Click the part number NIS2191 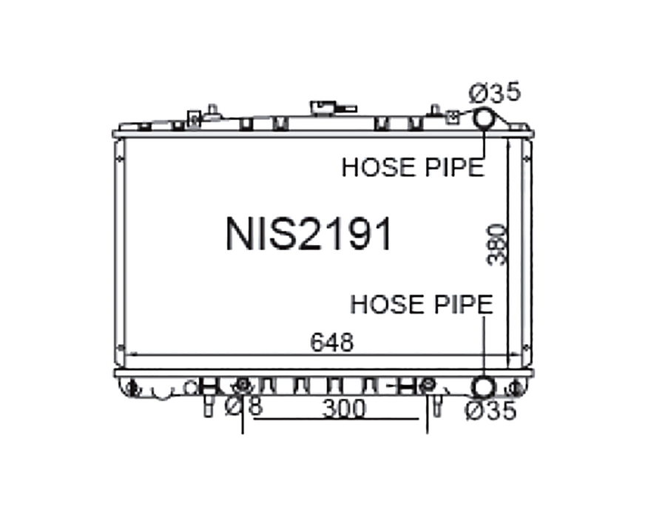coord(308,234)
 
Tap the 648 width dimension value coord(332,343)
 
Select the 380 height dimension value coord(496,245)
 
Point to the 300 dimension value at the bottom coord(344,409)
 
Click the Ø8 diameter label coord(244,406)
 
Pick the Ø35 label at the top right coord(495,92)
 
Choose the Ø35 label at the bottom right coord(491,411)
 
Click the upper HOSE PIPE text coord(413,167)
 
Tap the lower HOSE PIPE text coord(422,304)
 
